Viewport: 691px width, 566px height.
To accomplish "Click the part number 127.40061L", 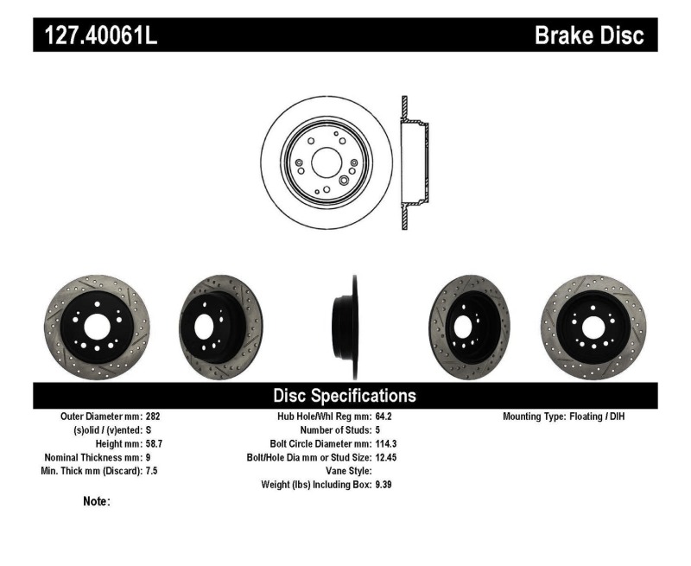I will tap(101, 35).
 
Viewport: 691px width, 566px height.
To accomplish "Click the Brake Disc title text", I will tap(589, 35).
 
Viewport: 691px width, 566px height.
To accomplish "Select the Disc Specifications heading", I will tap(345, 396).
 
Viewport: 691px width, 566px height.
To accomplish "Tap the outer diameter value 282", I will tap(154, 416).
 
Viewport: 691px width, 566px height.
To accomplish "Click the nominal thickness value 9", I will tap(149, 457).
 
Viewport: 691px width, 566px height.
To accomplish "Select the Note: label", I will tap(96, 501).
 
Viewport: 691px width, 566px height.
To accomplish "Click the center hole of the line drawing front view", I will tap(326, 162).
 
